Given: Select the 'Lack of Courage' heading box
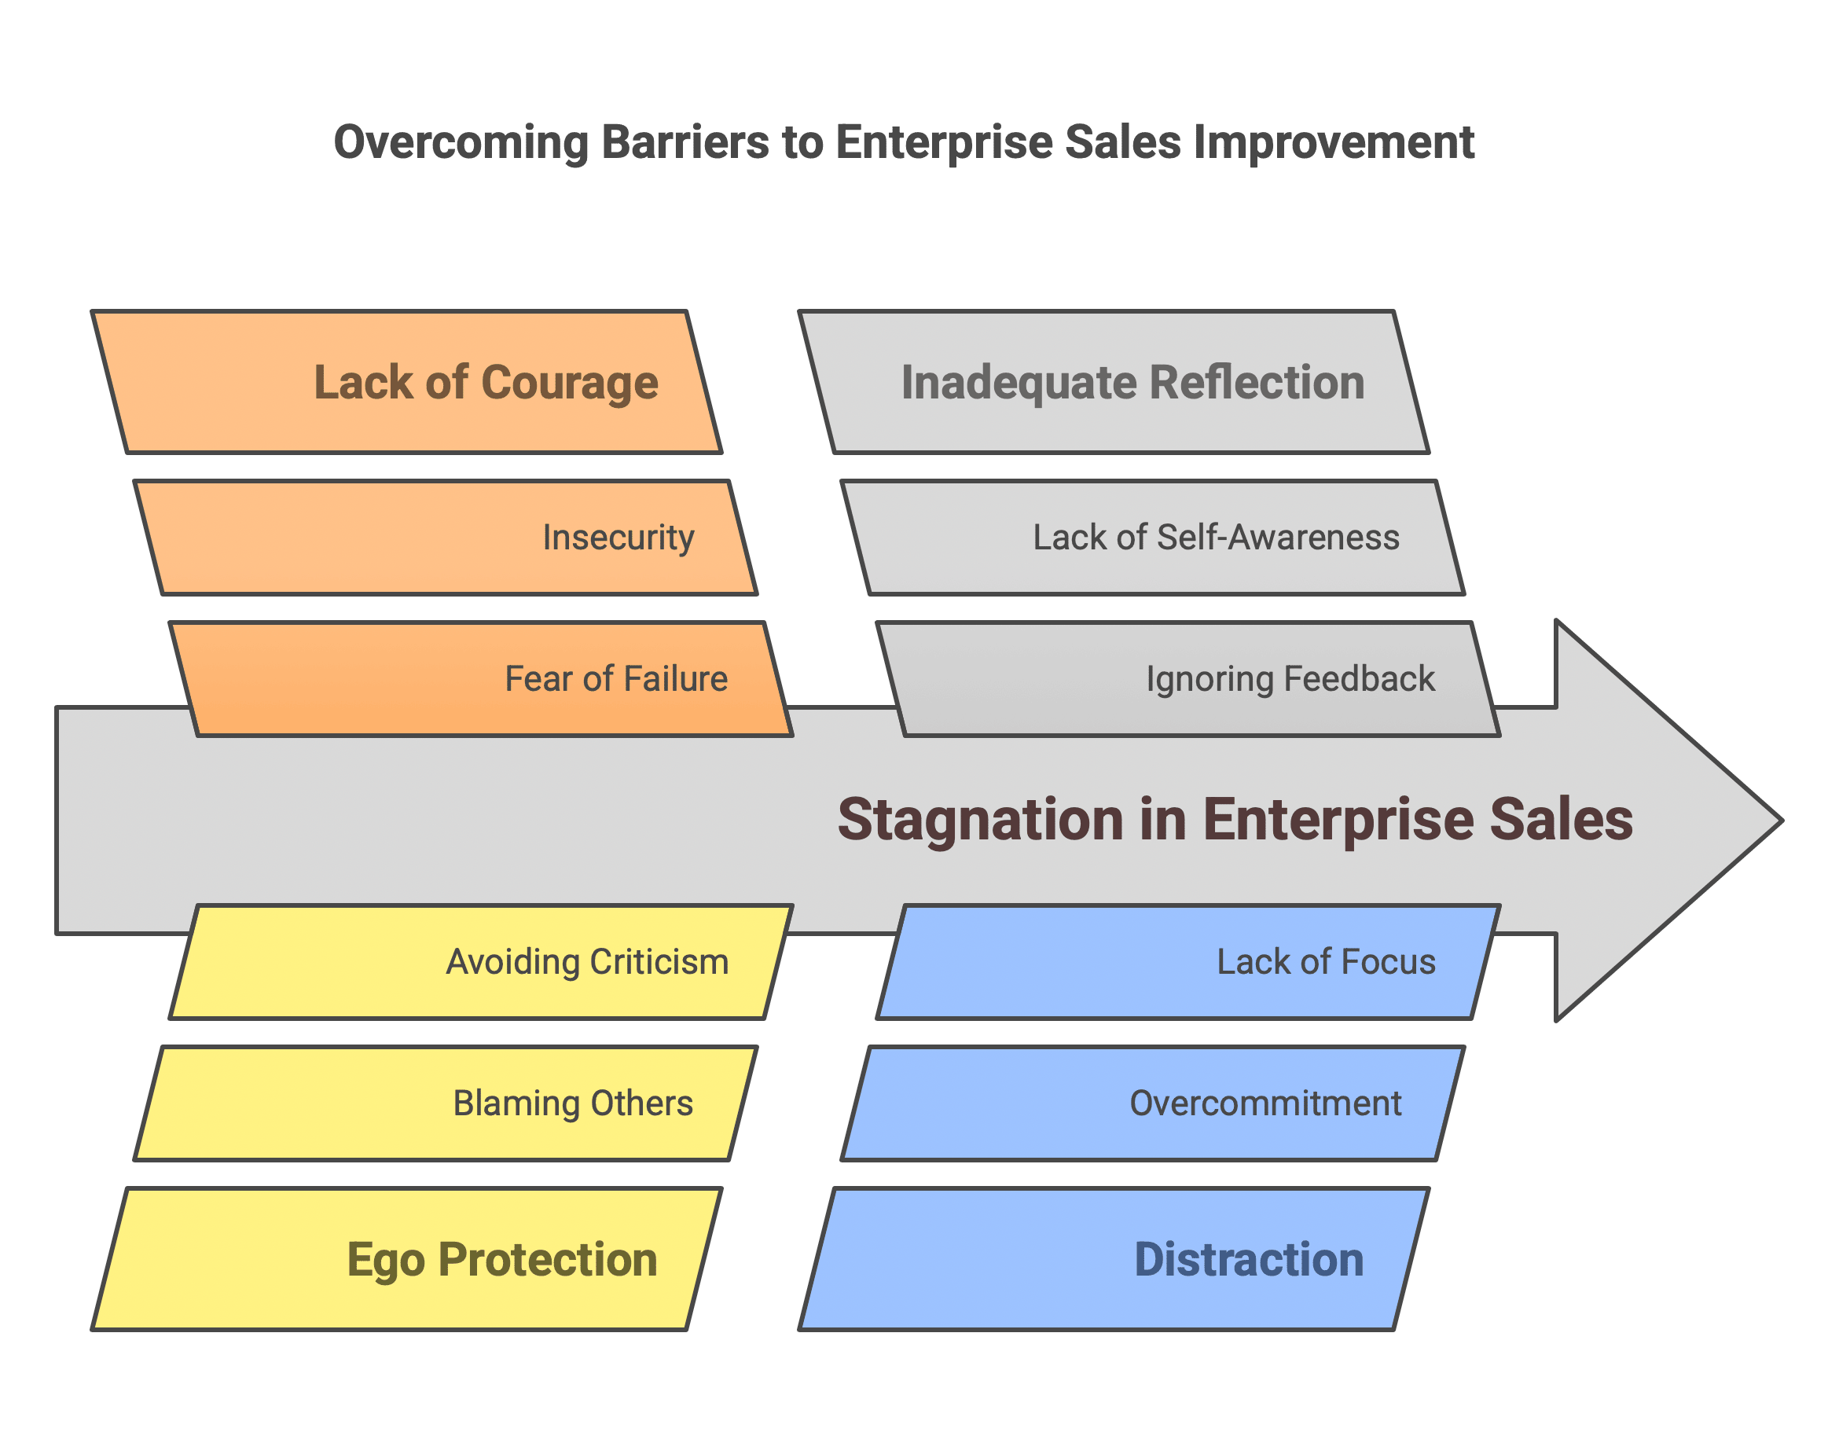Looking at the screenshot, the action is (406, 382).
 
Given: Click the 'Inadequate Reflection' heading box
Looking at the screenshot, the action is (1114, 382).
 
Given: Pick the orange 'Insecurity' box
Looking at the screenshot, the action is (445, 538).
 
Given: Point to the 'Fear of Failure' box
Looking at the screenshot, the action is (481, 679).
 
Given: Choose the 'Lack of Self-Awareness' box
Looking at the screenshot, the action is (1152, 538).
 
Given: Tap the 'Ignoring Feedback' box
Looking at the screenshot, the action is (1187, 679).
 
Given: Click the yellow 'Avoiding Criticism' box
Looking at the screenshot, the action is (481, 961).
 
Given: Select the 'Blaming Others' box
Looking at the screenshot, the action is (445, 1103).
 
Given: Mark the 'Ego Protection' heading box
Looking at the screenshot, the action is (406, 1259).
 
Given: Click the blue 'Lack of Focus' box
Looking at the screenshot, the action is (1187, 961).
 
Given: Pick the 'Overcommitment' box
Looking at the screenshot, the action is (1152, 1103).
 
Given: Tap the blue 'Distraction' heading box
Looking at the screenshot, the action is (1114, 1259).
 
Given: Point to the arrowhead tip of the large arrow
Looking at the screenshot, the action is (1782, 821).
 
